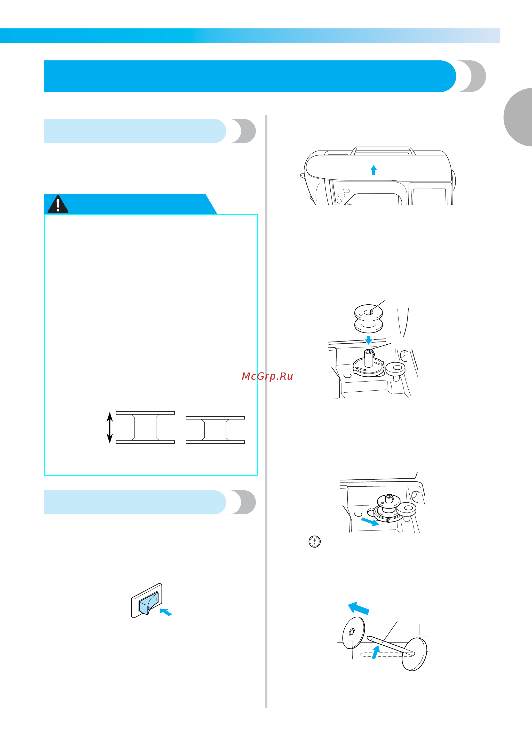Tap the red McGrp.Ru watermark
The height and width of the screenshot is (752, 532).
[267, 376]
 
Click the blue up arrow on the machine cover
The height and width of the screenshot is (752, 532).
[374, 170]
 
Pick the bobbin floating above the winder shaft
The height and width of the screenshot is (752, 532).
[369, 318]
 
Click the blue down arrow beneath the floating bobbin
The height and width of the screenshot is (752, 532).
[369, 340]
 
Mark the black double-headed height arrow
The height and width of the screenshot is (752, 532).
[110, 428]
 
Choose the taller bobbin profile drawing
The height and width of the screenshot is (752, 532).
[145, 428]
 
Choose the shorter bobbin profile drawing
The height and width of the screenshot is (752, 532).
[215, 430]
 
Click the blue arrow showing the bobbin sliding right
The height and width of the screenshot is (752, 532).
[370, 521]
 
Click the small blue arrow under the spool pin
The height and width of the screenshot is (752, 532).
[376, 652]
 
